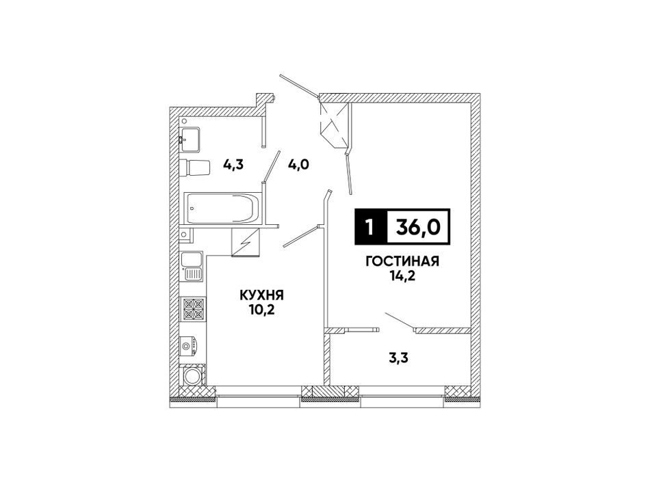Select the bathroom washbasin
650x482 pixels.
coord(190,139)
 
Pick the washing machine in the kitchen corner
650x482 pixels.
coord(193,377)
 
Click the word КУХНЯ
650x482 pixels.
coord(261,295)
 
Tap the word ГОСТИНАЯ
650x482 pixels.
coord(402,261)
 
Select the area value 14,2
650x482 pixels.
coord(402,276)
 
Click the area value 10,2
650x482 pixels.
coord(261,309)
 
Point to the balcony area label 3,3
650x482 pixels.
coord(399,357)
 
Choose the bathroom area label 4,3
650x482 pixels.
coord(233,165)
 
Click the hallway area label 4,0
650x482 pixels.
coord(298,165)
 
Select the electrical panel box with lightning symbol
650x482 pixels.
coord(246,242)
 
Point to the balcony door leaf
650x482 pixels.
coord(400,322)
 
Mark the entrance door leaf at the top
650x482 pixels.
coord(299,87)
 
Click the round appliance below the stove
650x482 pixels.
coord(192,346)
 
